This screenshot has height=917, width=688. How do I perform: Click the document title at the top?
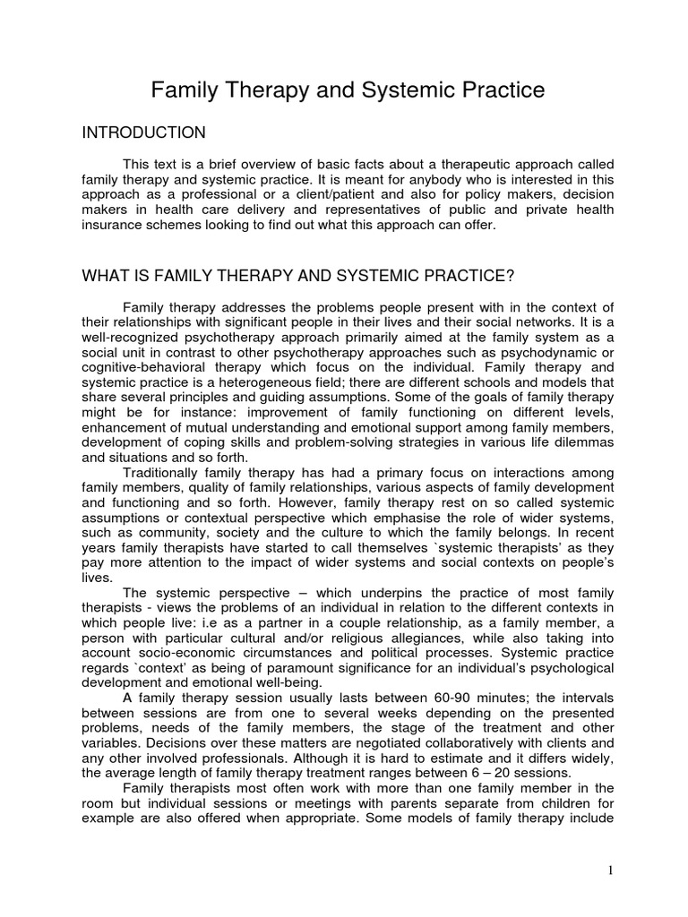point(347,90)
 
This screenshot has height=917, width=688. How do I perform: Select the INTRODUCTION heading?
point(144,133)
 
